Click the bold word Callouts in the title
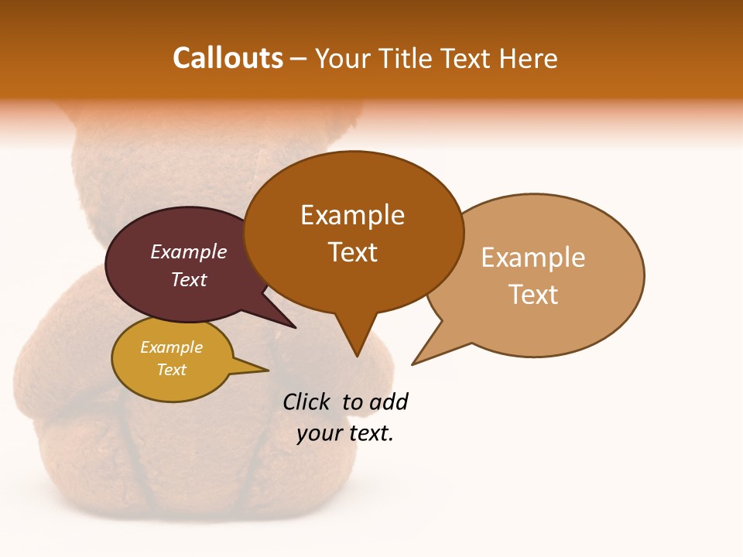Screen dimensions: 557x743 [x=228, y=59]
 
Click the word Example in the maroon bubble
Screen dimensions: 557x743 [x=189, y=252]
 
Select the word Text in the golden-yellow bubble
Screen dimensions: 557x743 [x=172, y=370]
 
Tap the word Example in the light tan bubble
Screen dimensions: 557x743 [x=533, y=258]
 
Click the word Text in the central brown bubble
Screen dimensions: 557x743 [x=353, y=252]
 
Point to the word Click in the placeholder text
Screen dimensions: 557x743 [x=307, y=402]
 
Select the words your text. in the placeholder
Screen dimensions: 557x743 [x=345, y=434]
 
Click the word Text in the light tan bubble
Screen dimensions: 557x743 [x=533, y=295]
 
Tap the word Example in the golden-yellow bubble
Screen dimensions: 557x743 [x=172, y=347]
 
